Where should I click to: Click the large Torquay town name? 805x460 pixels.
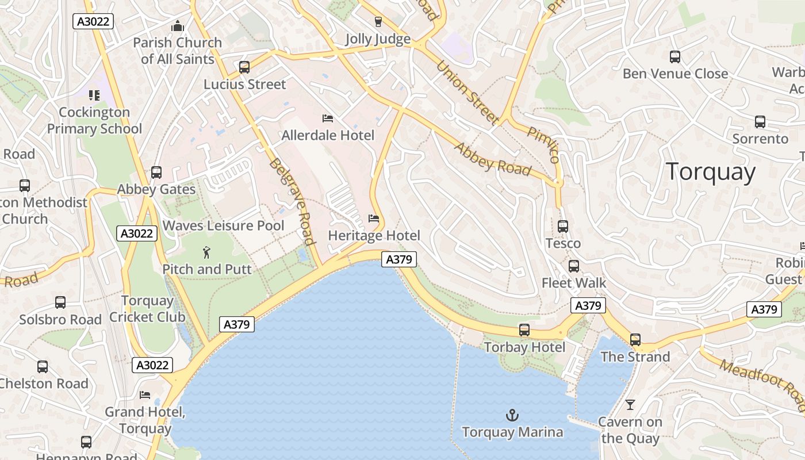pyautogui.click(x=711, y=172)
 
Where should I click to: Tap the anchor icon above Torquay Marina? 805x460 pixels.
pyautogui.click(x=512, y=415)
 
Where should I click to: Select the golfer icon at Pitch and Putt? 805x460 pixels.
pyautogui.click(x=206, y=252)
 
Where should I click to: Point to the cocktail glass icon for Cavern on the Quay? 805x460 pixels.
pyautogui.click(x=630, y=405)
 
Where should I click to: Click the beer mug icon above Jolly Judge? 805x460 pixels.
pyautogui.click(x=378, y=22)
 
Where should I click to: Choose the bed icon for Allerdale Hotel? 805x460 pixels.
pyautogui.click(x=328, y=118)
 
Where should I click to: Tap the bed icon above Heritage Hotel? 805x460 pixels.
pyautogui.click(x=374, y=218)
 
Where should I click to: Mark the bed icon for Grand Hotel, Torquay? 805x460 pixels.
pyautogui.click(x=145, y=395)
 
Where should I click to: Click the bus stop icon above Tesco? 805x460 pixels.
pyautogui.click(x=563, y=227)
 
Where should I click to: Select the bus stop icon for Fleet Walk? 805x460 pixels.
pyautogui.click(x=574, y=266)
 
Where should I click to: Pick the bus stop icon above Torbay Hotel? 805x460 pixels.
pyautogui.click(x=524, y=330)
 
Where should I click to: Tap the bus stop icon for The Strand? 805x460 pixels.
pyautogui.click(x=635, y=340)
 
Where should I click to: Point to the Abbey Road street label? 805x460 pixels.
pyautogui.click(x=492, y=159)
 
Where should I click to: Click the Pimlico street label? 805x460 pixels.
pyautogui.click(x=543, y=145)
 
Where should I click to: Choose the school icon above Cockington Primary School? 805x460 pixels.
pyautogui.click(x=94, y=95)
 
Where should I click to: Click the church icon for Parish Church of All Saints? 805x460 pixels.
pyautogui.click(x=177, y=26)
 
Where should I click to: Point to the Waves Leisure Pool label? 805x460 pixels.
pyautogui.click(x=223, y=225)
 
